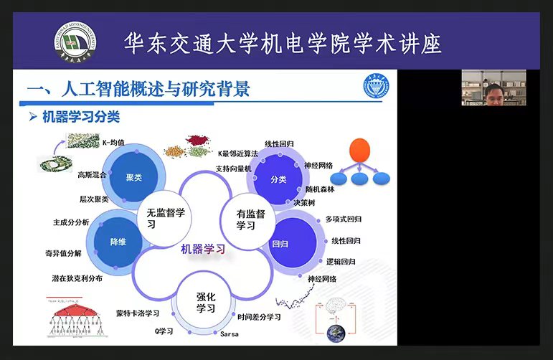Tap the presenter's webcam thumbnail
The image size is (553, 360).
tap(493, 87)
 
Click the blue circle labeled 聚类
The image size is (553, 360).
tap(133, 177)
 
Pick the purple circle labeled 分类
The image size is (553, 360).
tap(278, 179)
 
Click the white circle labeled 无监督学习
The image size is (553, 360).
tap(166, 218)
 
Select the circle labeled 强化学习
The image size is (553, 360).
tap(206, 302)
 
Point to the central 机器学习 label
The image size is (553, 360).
tap(203, 249)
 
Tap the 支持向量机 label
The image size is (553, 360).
tap(233, 169)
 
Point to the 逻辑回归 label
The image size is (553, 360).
tap(341, 261)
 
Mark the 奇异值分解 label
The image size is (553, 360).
tap(64, 252)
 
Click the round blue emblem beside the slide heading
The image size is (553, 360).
tap(376, 88)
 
